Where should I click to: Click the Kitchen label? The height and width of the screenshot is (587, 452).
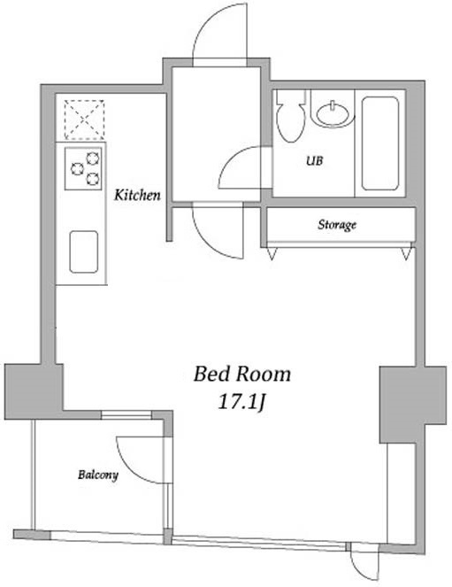point(137,195)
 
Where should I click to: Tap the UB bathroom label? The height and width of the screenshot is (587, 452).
point(314,161)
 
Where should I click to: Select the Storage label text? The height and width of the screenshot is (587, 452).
point(337,225)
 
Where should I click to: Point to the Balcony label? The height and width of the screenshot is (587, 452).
point(98,475)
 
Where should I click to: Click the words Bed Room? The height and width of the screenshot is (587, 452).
point(241,374)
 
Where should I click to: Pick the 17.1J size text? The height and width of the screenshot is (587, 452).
point(241,403)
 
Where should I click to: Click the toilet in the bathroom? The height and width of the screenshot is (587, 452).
point(290,117)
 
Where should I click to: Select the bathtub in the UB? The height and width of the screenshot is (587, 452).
point(380,143)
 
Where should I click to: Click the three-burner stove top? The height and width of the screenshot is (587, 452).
point(83,169)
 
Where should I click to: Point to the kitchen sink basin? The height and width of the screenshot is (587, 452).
point(84,251)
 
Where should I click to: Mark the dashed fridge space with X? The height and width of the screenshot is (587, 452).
point(84,120)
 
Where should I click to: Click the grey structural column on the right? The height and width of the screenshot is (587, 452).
point(413,405)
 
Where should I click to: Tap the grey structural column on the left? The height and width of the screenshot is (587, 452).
point(34,391)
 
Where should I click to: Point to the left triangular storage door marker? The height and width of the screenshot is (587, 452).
point(272,252)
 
